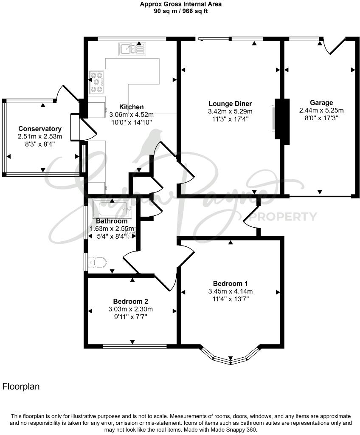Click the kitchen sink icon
click(x=132, y=49)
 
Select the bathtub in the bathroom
click(x=113, y=209)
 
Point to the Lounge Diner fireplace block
click(x=281, y=119)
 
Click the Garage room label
click(x=321, y=102)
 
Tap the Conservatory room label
click(x=40, y=129)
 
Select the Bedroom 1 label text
click(x=230, y=283)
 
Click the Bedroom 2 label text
click(x=130, y=301)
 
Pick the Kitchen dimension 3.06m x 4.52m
click(x=131, y=115)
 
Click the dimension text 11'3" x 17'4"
click(x=230, y=119)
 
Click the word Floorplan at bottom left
click(x=21, y=387)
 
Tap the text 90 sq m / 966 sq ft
click(x=181, y=11)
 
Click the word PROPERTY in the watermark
click(x=283, y=217)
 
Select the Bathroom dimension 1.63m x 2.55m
click(x=112, y=229)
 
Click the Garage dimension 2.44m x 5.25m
click(x=321, y=110)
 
